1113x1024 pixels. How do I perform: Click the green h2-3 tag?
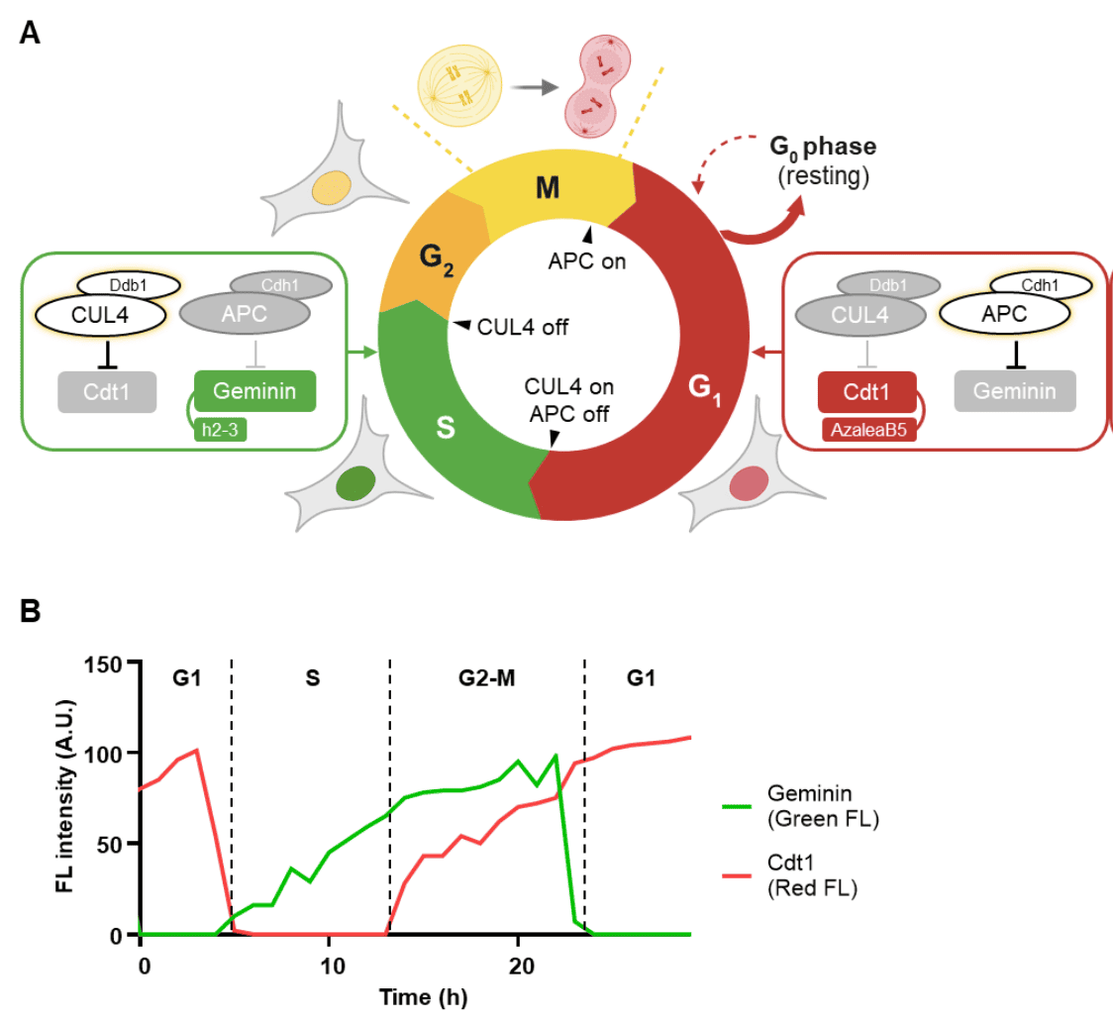coord(220,430)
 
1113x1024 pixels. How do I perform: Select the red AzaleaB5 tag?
coord(868,430)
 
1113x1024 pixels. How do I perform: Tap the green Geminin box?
coord(254,391)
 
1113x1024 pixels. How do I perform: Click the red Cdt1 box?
coord(866,392)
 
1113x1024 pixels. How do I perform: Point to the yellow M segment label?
coord(548,188)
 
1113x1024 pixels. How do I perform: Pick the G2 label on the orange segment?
coord(436,258)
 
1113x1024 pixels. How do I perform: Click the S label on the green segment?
coord(445,428)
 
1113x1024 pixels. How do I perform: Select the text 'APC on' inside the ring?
coord(587,261)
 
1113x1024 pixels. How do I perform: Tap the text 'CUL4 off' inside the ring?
coord(523,328)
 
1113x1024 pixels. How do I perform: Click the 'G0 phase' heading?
coord(823,147)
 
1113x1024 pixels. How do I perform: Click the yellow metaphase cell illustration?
coord(460,85)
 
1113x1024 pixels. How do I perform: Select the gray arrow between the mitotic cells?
coord(535,87)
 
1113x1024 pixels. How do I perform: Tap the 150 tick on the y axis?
coord(103,666)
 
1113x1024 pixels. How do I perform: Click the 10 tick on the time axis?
coord(332,966)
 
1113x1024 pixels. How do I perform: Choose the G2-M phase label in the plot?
coord(487,678)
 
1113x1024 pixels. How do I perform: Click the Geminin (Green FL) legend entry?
coord(801,806)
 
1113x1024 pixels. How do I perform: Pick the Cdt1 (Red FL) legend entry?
coord(790,874)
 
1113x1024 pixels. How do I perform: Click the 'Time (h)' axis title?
coord(423,997)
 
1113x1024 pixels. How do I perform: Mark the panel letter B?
coord(31,611)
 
